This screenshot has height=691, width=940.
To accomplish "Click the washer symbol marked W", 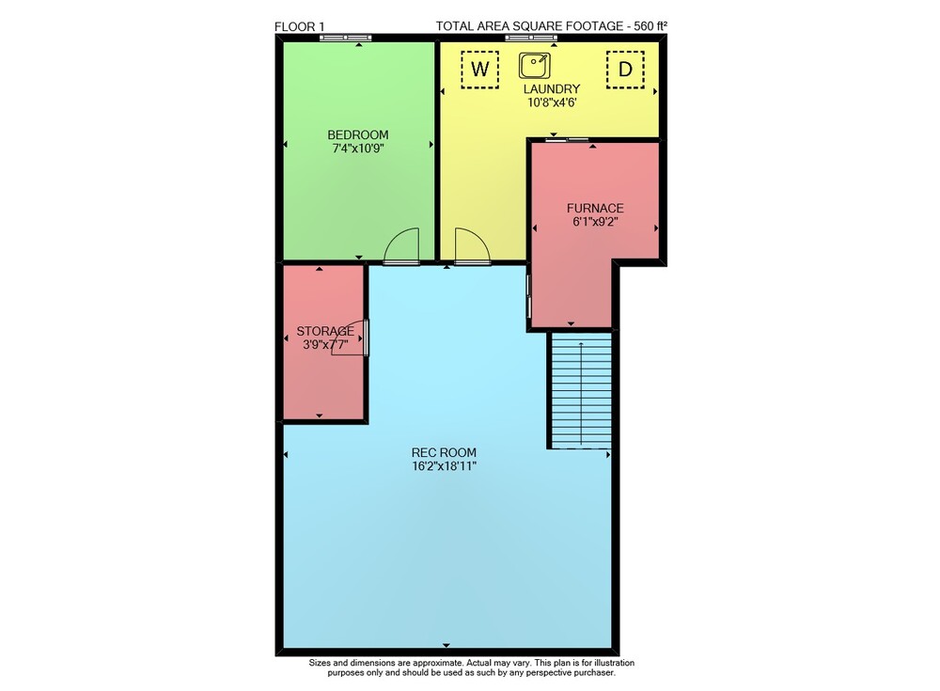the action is [x=479, y=70].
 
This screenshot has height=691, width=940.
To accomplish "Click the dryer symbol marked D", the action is [x=625, y=70].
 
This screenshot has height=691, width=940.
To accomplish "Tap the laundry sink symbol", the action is [x=535, y=66].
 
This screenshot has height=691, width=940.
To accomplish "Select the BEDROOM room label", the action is [x=358, y=135].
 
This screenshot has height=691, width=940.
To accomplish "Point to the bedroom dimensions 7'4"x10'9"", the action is [x=358, y=149].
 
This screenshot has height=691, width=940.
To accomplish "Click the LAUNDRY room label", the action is [x=552, y=88].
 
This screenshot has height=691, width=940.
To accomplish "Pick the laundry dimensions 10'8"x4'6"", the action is [x=552, y=102].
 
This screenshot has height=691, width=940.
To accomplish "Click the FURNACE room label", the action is [x=595, y=208].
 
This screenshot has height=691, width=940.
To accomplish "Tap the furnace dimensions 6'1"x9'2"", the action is [x=595, y=221].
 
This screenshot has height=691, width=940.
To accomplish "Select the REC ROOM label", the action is [x=445, y=453].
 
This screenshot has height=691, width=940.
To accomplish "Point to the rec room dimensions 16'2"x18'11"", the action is [x=445, y=466].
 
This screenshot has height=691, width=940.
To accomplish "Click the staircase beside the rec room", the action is [x=581, y=390].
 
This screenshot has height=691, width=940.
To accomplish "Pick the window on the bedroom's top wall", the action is [x=345, y=38].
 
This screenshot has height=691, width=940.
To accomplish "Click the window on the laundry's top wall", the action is [x=530, y=38].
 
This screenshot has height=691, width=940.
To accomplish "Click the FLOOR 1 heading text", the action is [x=299, y=26].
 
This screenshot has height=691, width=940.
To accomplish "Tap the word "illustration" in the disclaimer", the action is [x=613, y=663].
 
